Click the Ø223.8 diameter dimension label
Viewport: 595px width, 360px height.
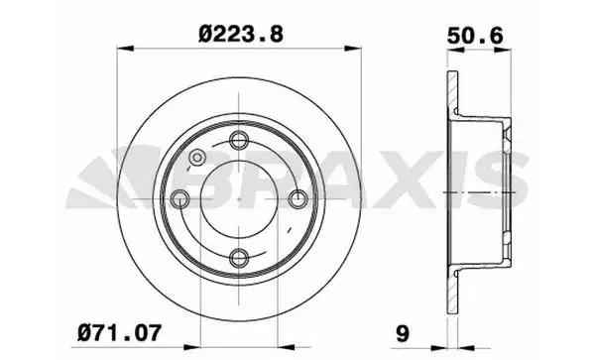coord(241,34)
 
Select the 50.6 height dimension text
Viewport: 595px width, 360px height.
coord(475,36)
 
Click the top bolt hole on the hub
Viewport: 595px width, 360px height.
coord(239,140)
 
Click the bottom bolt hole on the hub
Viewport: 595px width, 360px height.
coord(239,258)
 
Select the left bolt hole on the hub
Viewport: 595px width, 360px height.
coord(179,199)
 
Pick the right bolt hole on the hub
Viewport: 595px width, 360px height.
coord(298,198)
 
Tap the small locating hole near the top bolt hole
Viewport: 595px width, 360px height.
coord(197,158)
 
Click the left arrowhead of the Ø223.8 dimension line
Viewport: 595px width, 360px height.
coord(125,49)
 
